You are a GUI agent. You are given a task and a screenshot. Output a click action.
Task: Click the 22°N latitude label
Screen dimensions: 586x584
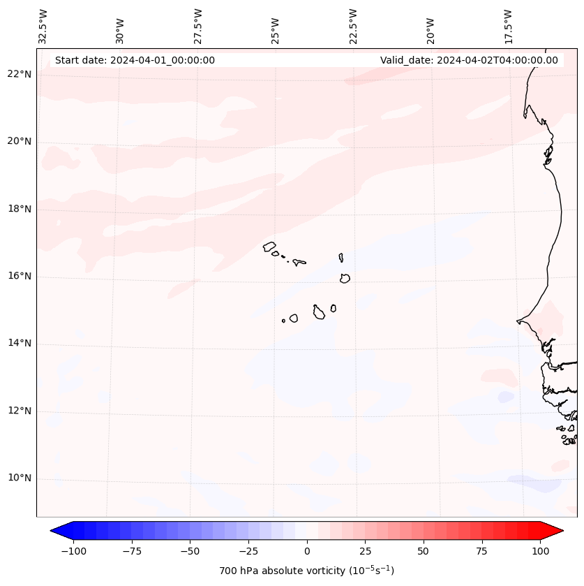pyautogui.click(x=20, y=75)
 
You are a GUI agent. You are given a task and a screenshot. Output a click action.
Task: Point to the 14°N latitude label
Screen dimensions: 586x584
pyautogui.click(x=20, y=344)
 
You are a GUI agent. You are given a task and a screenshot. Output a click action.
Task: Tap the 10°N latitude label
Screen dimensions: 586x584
pyautogui.click(x=20, y=478)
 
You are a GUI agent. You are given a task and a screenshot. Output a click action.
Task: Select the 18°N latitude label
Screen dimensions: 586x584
pyautogui.click(x=20, y=209)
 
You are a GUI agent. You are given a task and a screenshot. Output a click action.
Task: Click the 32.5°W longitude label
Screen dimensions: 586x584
pyautogui.click(x=43, y=26)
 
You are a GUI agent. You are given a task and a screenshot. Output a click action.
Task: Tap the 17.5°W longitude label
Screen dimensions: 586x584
pyautogui.click(x=508, y=26)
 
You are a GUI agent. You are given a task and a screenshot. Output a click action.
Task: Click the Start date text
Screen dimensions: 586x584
pyautogui.click(x=135, y=60)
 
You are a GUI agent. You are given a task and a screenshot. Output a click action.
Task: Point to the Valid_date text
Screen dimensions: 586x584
pyautogui.click(x=469, y=60)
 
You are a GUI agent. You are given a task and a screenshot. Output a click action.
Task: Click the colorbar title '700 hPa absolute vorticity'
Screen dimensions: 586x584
pyautogui.click(x=306, y=571)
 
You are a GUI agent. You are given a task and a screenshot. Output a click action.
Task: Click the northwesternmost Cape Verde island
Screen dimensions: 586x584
pyautogui.click(x=269, y=247)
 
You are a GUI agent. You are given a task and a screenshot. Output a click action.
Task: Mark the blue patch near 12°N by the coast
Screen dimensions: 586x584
pyautogui.click(x=506, y=397)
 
